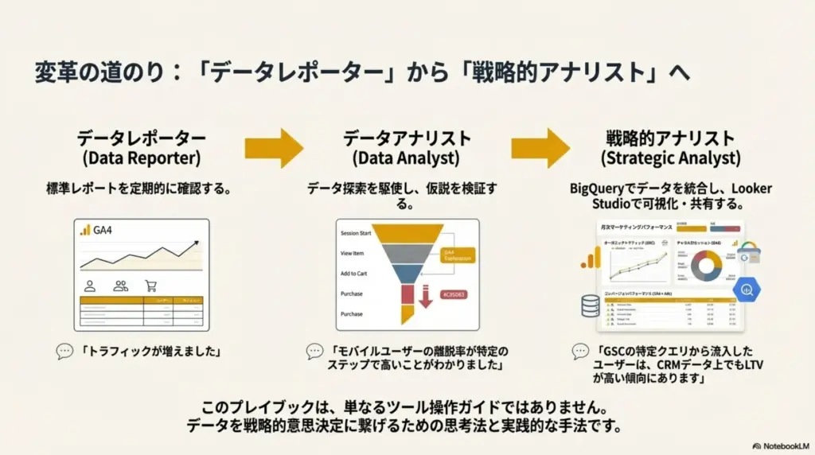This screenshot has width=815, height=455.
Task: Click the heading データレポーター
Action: [x=141, y=138]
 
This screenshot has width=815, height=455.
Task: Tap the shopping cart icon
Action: [x=150, y=286]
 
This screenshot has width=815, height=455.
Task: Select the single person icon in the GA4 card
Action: [x=91, y=286]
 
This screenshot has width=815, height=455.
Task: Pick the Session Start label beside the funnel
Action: [x=356, y=233]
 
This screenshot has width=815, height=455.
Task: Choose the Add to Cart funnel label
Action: [x=353, y=273]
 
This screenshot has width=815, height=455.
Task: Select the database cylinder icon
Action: [x=591, y=305]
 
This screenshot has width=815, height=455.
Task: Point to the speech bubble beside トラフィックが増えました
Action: [x=64, y=351]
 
